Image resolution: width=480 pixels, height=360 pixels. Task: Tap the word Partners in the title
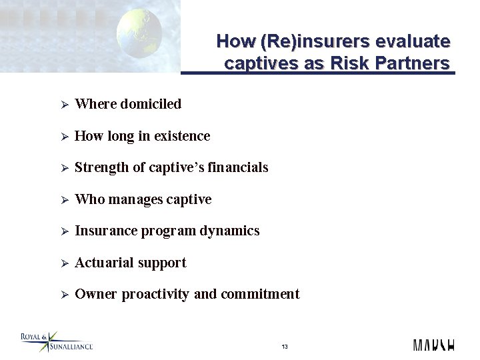click(x=412, y=64)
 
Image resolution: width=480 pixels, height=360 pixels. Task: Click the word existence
click(x=182, y=136)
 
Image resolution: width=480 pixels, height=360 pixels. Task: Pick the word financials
click(x=238, y=167)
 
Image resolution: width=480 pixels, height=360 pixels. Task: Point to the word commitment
click(x=260, y=294)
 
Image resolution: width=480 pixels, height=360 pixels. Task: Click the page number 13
click(x=285, y=347)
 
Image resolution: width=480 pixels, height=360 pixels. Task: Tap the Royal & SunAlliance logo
click(x=56, y=342)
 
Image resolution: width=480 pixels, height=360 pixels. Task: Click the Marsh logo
click(x=433, y=345)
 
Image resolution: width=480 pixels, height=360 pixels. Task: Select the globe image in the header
click(x=139, y=33)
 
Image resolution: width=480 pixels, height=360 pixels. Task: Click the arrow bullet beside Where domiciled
click(x=65, y=105)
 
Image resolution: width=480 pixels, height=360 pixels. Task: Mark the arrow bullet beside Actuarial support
click(x=65, y=263)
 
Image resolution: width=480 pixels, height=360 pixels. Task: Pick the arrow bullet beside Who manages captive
click(x=65, y=200)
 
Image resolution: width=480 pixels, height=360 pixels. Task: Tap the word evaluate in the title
click(x=413, y=41)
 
